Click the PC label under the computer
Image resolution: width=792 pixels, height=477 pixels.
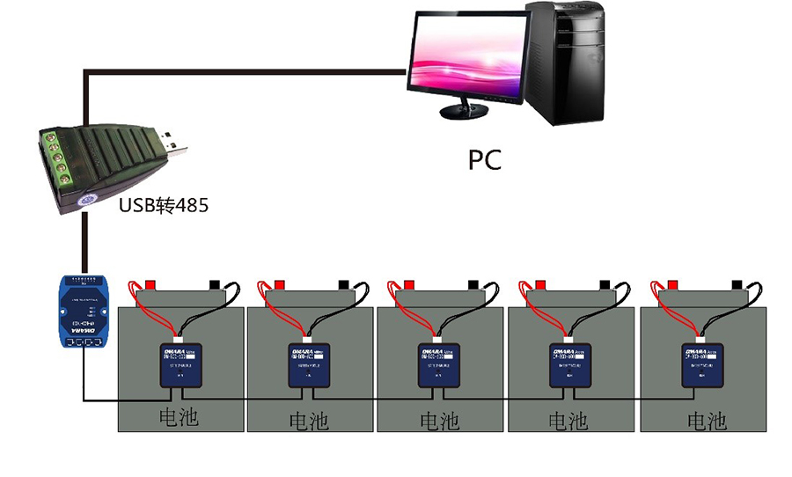click(x=484, y=159)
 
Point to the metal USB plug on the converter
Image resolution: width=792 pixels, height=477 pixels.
click(x=173, y=144)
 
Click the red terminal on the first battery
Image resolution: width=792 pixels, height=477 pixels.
click(x=150, y=285)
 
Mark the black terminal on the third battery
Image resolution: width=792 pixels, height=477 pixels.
click(x=473, y=285)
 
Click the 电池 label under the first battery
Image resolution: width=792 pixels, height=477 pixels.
click(x=178, y=416)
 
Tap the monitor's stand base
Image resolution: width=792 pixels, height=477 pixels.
click(x=464, y=112)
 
